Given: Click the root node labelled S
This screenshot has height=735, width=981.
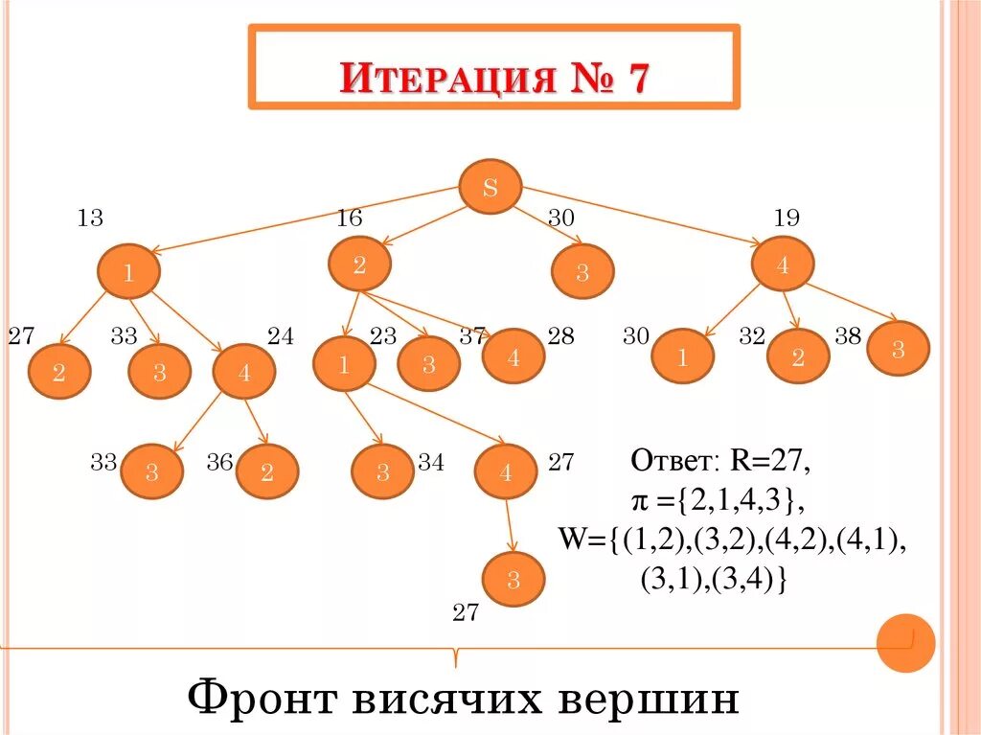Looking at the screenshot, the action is point(490,187).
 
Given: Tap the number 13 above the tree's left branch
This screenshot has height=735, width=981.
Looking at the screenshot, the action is point(90,218).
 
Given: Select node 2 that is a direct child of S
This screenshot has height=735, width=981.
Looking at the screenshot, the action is point(358,265).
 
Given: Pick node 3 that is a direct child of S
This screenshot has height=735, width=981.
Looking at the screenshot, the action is point(582,272).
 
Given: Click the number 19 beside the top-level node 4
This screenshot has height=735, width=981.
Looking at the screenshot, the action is point(787,218).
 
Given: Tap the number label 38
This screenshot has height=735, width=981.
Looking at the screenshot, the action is point(848,336).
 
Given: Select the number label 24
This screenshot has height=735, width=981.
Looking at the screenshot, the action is point(281,336).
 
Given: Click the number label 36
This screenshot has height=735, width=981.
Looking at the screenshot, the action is point(219,463).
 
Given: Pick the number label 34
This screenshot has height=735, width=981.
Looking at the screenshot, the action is point(431,463).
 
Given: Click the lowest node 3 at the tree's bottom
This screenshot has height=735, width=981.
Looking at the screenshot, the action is point(513,579).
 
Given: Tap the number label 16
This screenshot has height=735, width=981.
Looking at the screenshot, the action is point(349,218).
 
